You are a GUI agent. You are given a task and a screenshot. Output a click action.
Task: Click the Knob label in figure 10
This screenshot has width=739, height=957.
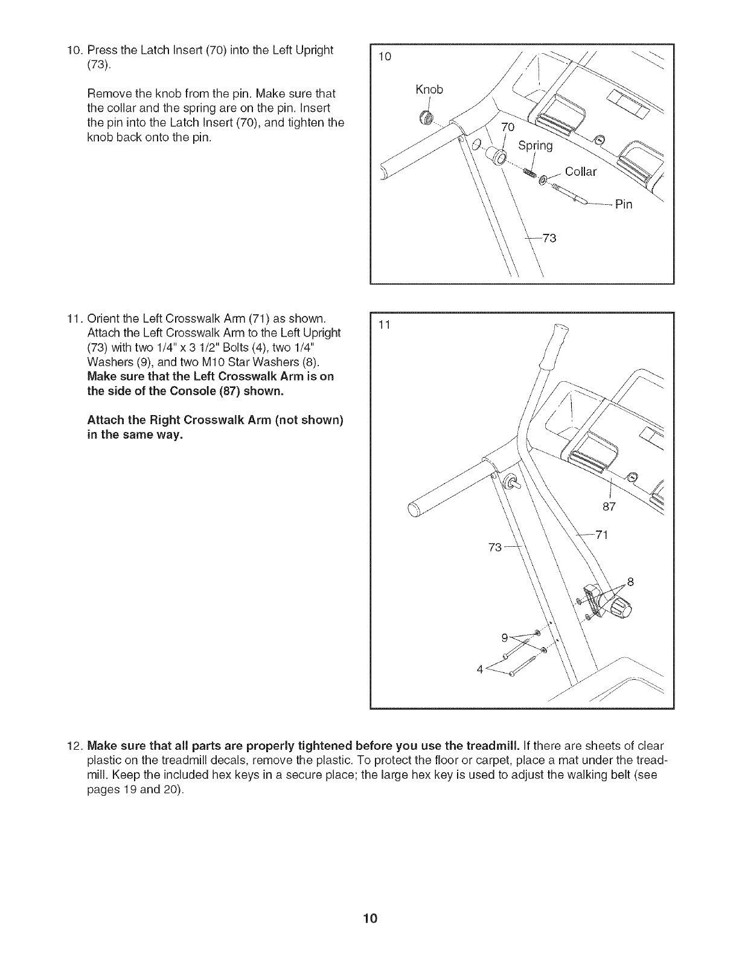tap(429, 90)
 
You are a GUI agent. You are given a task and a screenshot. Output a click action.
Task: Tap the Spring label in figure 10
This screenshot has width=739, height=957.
tap(536, 146)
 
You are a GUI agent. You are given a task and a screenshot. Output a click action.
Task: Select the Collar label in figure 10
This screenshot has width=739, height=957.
tap(580, 172)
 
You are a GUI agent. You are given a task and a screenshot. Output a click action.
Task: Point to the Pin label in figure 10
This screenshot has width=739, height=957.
tap(624, 204)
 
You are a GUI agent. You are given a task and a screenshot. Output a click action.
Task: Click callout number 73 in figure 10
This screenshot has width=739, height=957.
tap(549, 238)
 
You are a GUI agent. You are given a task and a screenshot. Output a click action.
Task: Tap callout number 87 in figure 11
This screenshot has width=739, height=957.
tap(609, 506)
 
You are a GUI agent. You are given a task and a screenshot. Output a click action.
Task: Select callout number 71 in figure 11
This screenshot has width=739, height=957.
tap(601, 535)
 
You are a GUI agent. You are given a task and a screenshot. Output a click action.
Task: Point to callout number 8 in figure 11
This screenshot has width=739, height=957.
tap(631, 582)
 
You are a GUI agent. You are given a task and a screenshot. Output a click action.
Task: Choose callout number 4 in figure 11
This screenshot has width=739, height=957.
tap(480, 669)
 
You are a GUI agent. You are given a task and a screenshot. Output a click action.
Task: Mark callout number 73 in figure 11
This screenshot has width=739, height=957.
tap(495, 547)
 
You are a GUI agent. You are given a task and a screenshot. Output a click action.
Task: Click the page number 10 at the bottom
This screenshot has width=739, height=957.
tap(370, 919)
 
